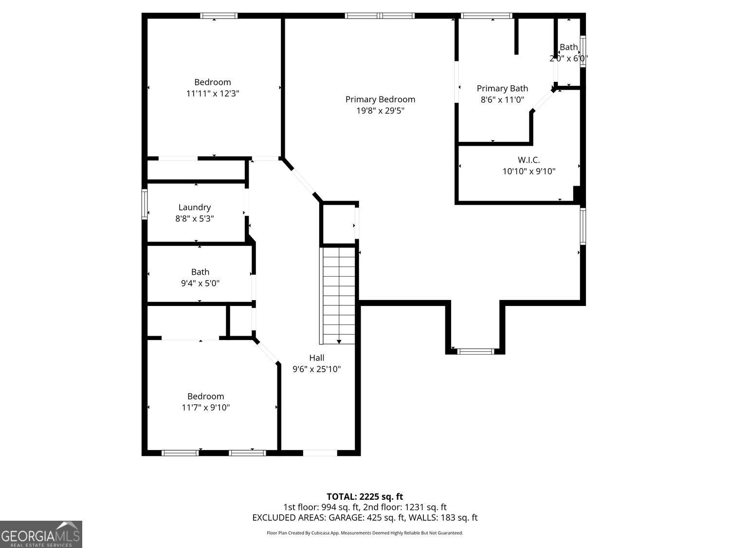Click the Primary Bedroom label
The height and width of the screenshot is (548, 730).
pyautogui.click(x=380, y=99)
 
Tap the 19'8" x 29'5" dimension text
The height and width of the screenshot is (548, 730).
pyautogui.click(x=380, y=111)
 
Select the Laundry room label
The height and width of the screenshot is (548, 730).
pyautogui.click(x=195, y=208)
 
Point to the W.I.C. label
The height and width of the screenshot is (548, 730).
pyautogui.click(x=529, y=160)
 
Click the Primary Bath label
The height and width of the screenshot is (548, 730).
pyautogui.click(x=502, y=89)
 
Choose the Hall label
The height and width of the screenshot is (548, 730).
pyautogui.click(x=317, y=358)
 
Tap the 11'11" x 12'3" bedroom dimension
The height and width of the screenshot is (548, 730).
pyautogui.click(x=213, y=94)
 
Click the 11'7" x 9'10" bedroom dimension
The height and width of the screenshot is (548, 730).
pyautogui.click(x=205, y=407)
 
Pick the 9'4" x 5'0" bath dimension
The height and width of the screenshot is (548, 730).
pyautogui.click(x=200, y=283)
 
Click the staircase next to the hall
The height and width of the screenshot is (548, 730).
pyautogui.click(x=337, y=296)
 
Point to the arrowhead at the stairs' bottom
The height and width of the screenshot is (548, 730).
pyautogui.click(x=339, y=342)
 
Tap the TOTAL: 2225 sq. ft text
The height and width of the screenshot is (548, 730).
pyautogui.click(x=365, y=497)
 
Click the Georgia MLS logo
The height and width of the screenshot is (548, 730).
pyautogui.click(x=41, y=534)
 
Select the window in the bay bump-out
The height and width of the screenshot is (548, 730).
pyautogui.click(x=475, y=351)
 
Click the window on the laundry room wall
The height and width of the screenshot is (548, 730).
pyautogui.click(x=145, y=204)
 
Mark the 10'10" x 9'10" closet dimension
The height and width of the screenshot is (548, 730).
pyautogui.click(x=529, y=171)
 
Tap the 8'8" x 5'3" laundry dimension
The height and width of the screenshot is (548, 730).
pyautogui.click(x=195, y=219)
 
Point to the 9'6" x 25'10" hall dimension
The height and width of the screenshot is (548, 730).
pyautogui.click(x=317, y=369)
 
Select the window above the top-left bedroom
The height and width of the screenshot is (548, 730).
pyautogui.click(x=219, y=16)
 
